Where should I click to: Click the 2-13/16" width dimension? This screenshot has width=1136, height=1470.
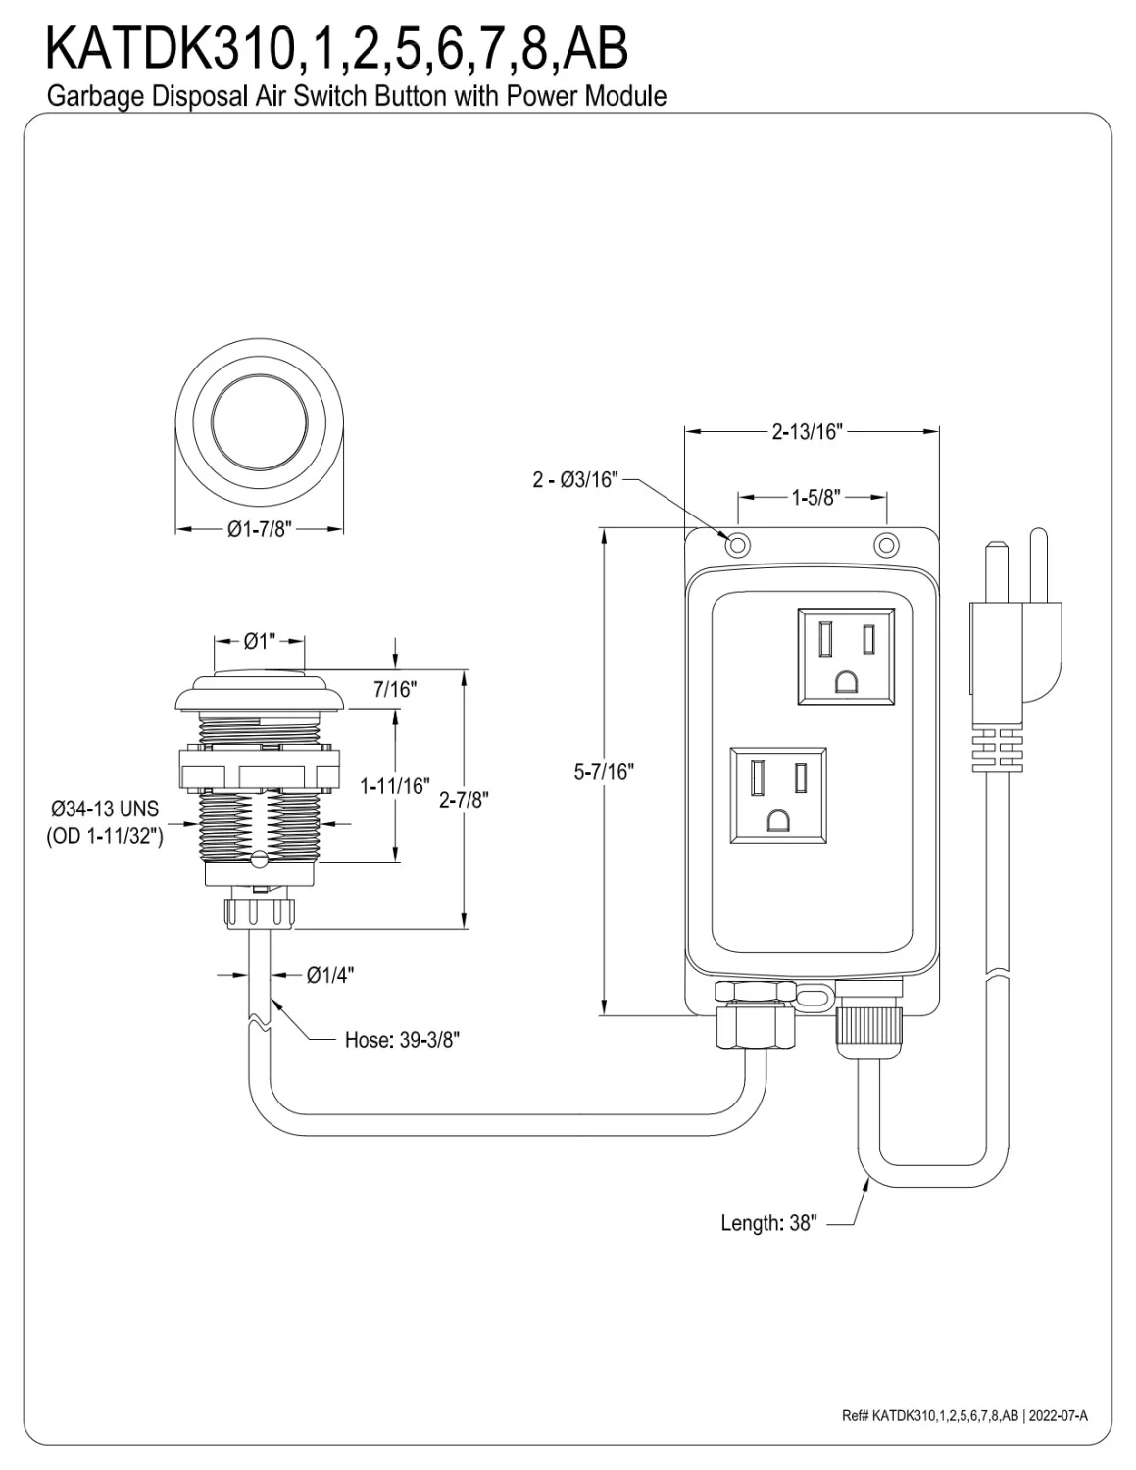pyautogui.click(x=807, y=432)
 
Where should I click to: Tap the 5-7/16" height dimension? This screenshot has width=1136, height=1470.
pyautogui.click(x=604, y=771)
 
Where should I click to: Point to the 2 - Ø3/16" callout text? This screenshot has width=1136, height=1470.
pyautogui.click(x=575, y=479)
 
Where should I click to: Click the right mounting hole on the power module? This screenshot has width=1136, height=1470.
pyautogui.click(x=885, y=543)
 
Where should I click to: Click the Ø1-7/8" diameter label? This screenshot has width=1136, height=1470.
pyautogui.click(x=260, y=529)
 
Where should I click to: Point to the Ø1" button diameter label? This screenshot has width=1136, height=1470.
pyautogui.click(x=259, y=642)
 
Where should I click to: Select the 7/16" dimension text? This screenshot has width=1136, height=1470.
pyautogui.click(x=395, y=690)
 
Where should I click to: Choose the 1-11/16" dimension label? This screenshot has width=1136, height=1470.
pyautogui.click(x=394, y=785)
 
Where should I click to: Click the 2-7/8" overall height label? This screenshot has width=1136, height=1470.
pyautogui.click(x=464, y=800)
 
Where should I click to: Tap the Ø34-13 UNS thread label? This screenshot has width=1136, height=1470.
pyautogui.click(x=104, y=810)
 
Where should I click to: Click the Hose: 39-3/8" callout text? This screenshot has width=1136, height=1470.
pyautogui.click(x=402, y=1040)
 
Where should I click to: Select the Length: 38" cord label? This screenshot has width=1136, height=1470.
pyautogui.click(x=767, y=1223)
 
